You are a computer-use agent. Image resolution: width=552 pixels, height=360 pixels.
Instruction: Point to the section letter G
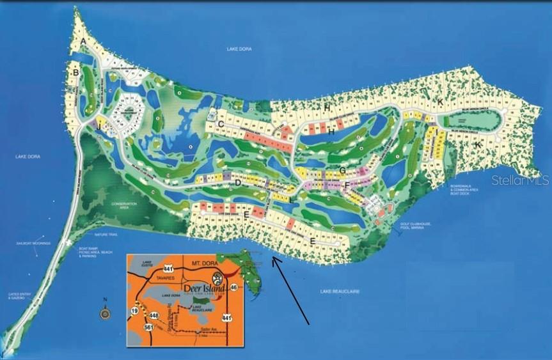click(343, 170)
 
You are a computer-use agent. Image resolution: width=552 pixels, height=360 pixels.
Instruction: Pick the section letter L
click(292, 200)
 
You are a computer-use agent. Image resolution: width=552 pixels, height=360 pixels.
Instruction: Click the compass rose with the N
click(104, 313)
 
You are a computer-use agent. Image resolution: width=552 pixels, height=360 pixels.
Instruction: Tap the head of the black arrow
click(273, 258)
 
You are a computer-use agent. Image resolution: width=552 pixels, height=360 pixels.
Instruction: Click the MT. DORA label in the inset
click(204, 263)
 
